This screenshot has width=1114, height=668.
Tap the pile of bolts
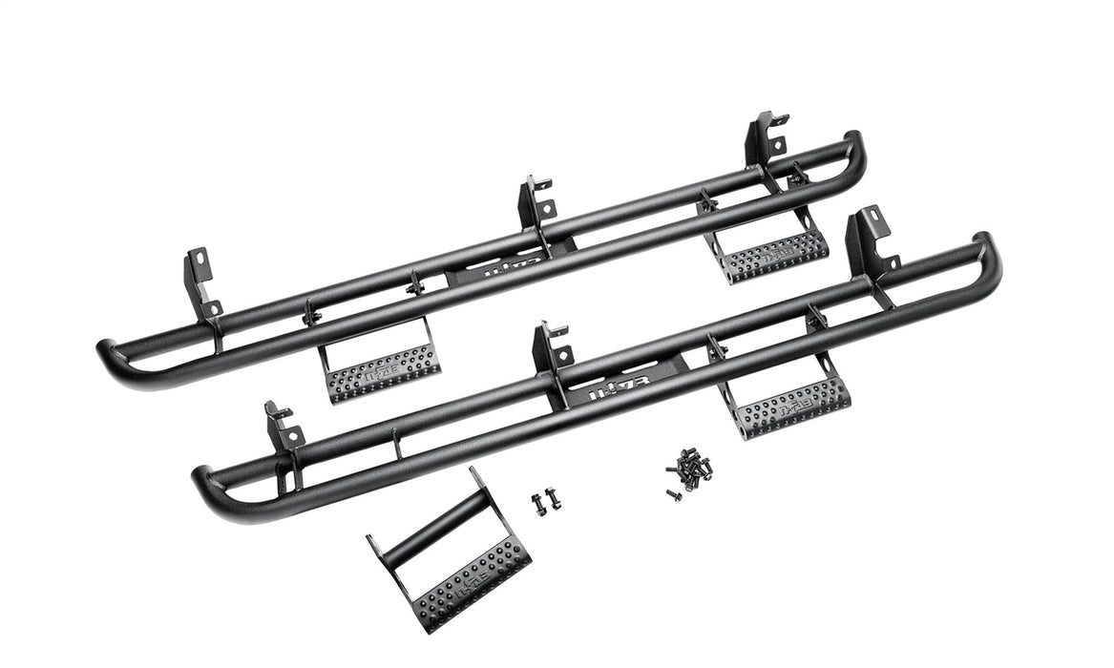(691, 470)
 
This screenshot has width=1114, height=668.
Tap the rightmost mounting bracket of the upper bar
(765, 138)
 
